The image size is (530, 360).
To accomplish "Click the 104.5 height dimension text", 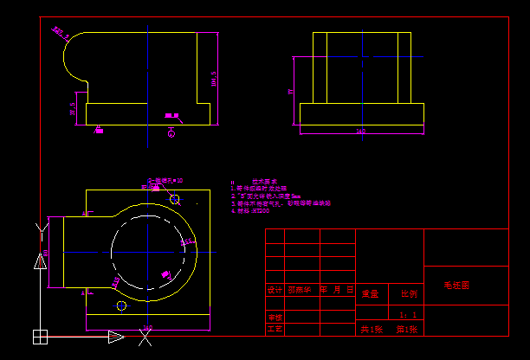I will point(214,78).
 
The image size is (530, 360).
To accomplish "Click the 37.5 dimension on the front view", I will point(74,110).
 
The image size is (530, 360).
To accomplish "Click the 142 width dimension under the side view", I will point(361,132).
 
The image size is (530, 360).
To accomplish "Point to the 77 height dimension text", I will point(291,90).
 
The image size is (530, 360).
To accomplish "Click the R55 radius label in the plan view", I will point(186,243).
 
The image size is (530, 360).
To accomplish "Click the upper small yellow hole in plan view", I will point(175,199).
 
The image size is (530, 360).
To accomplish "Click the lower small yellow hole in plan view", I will point(121,305).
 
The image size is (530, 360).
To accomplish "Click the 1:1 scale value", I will point(409,315).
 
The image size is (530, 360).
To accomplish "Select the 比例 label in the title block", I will point(408,293).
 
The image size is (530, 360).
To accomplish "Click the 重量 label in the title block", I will point(371,293).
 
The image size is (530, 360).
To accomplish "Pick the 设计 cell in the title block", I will point(275,291).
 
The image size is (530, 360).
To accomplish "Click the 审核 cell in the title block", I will point(275,317).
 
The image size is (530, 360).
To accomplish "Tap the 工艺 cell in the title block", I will point(275,329).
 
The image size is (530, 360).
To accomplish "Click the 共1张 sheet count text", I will point(371,330).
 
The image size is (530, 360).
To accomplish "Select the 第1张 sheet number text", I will point(408,330).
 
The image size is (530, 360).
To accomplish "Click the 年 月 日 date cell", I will point(338,291).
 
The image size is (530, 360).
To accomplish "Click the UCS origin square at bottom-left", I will point(40,336).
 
